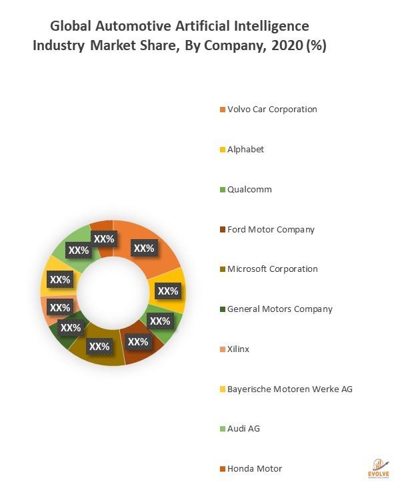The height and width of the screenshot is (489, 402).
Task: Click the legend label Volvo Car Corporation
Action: tap(272, 109)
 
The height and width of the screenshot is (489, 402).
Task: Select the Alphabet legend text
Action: tap(245, 149)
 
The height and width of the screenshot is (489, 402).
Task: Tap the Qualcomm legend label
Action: tap(249, 189)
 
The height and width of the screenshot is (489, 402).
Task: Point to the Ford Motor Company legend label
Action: tap(271, 229)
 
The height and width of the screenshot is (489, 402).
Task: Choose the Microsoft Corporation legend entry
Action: tap(272, 269)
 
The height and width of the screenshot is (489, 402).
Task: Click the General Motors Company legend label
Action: tap(279, 309)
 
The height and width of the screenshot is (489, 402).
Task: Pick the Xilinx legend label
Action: tap(238, 349)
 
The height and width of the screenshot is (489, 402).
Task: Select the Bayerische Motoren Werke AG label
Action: tap(289, 389)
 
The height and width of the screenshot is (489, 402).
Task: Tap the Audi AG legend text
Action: tap(243, 428)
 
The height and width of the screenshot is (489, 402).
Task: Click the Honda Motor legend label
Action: tap(255, 468)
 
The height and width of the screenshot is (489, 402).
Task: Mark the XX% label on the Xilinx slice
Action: tap(60, 308)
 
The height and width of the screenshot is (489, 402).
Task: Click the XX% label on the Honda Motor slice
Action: tap(104, 238)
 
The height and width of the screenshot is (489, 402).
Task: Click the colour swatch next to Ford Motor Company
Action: tap(222, 230)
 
